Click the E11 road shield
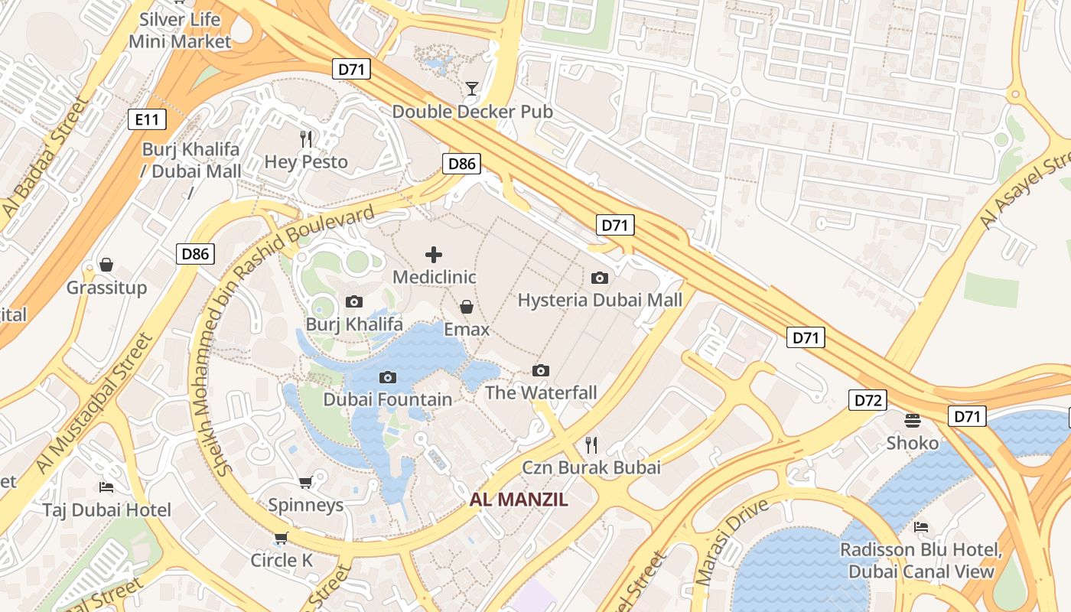[x=146, y=119]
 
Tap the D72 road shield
[x=868, y=399]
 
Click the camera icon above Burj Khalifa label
[x=354, y=301]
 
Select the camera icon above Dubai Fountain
[x=388, y=377]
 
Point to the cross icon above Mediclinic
[x=434, y=255]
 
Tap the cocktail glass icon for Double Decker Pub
[x=471, y=89]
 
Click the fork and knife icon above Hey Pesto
[x=306, y=138]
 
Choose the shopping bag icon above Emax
[x=467, y=307]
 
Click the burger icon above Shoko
[x=912, y=420]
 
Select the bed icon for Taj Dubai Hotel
[x=106, y=487]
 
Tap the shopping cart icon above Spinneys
[x=305, y=482]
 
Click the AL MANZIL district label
[x=519, y=500]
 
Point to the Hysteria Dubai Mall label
[x=600, y=300]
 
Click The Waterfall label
[x=541, y=393]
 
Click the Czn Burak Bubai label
[x=591, y=467]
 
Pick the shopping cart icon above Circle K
[x=281, y=538]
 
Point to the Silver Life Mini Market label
[x=180, y=31]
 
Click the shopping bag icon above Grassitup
[x=106, y=265]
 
